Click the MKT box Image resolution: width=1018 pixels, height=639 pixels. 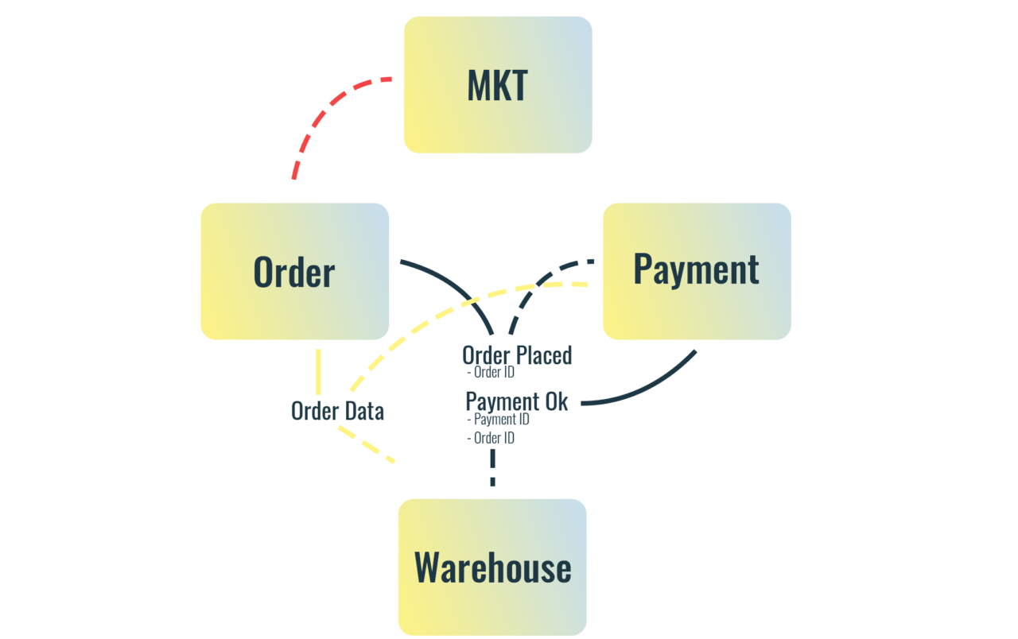point(497,85)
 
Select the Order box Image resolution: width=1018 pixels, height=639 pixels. point(294,272)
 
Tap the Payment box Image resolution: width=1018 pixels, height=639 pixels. point(697,270)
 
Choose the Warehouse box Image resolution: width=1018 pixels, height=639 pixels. point(492,567)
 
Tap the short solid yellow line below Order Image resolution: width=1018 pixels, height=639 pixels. point(318,372)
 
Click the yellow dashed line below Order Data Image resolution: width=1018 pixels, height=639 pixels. point(366,445)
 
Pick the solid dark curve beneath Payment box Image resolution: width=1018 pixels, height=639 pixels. point(652,389)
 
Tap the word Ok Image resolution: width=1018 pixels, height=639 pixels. point(557,402)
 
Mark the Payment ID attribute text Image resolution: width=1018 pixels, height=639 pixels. point(500,420)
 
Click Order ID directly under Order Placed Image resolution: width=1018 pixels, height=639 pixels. point(493,372)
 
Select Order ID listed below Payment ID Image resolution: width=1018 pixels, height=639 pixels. point(493,438)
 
